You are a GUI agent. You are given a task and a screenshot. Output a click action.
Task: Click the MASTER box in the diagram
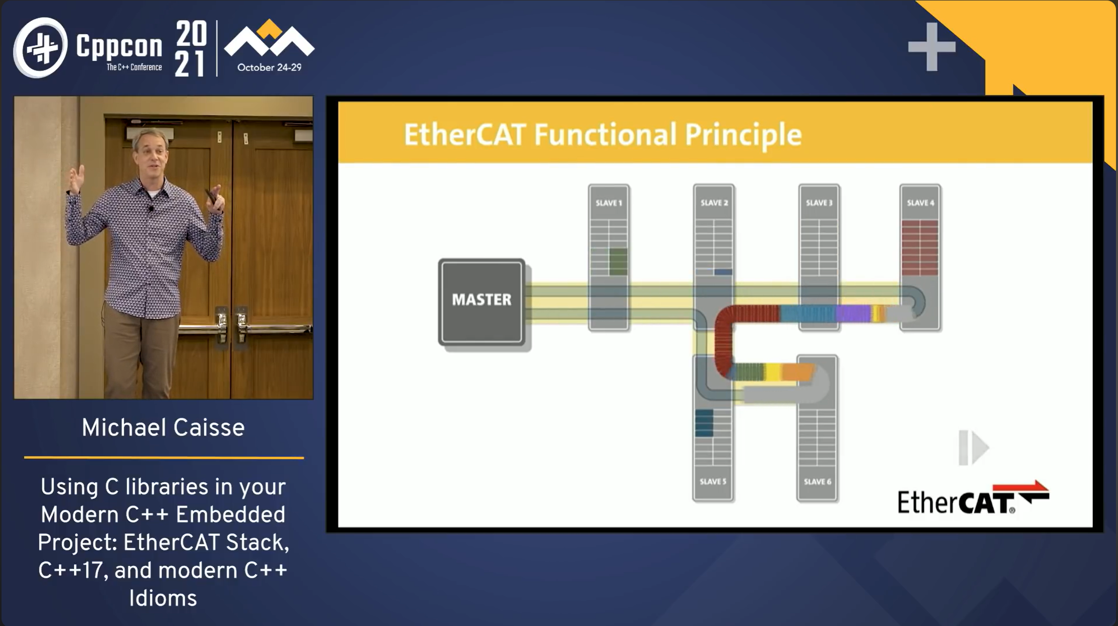tap(481, 301)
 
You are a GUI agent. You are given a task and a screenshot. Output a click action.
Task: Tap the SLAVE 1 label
tap(608, 203)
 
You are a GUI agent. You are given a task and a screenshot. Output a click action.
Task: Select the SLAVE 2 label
tap(714, 203)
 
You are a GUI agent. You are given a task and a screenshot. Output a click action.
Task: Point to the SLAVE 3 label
tap(819, 203)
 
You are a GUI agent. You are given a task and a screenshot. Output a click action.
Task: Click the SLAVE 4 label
tap(920, 203)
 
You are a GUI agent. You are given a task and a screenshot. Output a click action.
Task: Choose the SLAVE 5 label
tap(713, 481)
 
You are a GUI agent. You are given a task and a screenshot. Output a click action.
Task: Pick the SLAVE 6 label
tap(817, 482)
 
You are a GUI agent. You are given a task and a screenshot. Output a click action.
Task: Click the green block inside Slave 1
tap(618, 261)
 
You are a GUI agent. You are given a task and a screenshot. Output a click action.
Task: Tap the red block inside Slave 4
tap(920, 247)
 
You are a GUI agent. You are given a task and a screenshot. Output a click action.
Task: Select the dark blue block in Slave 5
tap(704, 422)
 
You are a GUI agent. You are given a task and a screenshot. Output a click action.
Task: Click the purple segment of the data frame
tap(853, 314)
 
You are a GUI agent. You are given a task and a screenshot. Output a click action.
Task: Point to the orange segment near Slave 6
tap(797, 372)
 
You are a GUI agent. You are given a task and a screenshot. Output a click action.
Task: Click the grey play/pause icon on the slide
tap(973, 447)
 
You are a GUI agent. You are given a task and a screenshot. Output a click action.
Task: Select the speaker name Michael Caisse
tap(163, 428)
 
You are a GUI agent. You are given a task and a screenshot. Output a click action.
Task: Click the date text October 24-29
tap(269, 68)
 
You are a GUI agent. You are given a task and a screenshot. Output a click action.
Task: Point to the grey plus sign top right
tap(931, 47)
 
